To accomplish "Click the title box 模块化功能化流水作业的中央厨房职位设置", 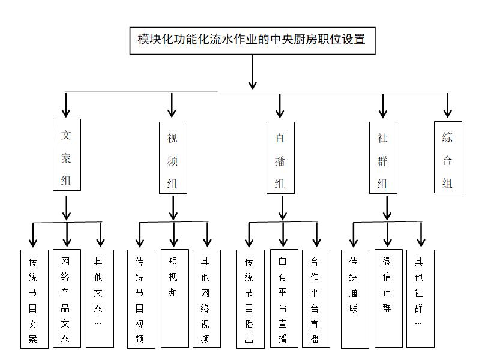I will click(252, 40).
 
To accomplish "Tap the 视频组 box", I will click(173, 158).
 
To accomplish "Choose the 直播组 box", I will click(280, 158).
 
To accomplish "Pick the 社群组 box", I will click(383, 158).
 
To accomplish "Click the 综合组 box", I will click(448, 157).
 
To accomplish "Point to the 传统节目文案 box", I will click(34, 298).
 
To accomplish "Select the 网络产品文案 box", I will click(66, 298).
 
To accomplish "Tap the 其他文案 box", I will click(100, 298).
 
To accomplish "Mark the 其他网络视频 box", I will click(206, 298).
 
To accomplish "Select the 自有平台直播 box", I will click(283, 298).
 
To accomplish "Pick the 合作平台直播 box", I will click(316, 298).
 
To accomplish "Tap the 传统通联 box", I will click(355, 298).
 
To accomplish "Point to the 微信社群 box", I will click(388, 298).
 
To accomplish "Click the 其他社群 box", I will click(420, 298).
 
